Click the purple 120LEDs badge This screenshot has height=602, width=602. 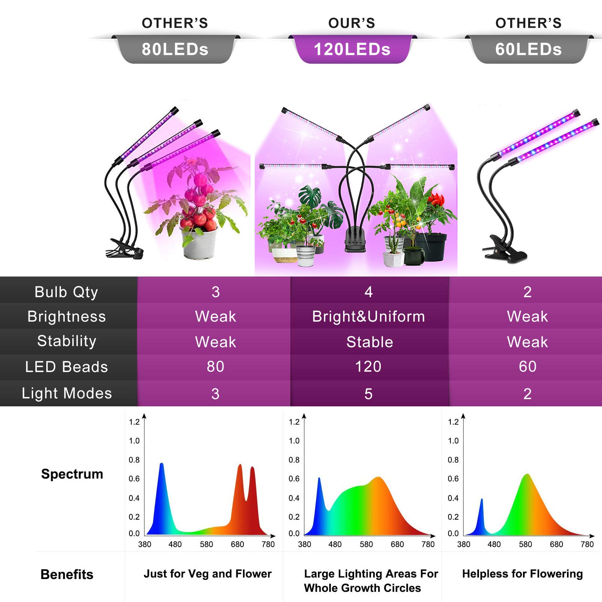352,49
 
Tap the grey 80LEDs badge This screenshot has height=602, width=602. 175,49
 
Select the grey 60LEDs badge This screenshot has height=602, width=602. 529,49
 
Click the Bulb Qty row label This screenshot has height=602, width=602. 67,292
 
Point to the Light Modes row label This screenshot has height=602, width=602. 67,393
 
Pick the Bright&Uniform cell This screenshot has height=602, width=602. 369,316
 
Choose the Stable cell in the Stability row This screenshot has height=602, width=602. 370,342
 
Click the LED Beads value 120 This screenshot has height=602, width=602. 368,366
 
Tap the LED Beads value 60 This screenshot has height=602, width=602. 528,366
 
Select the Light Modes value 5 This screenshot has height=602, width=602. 369,394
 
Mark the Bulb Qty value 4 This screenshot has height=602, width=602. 369,292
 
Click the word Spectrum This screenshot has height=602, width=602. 72,474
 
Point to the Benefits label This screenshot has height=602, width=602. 67,575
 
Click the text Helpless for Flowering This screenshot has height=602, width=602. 523,574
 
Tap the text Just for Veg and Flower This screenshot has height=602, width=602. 208,574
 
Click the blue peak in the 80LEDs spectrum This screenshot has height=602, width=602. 162,465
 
